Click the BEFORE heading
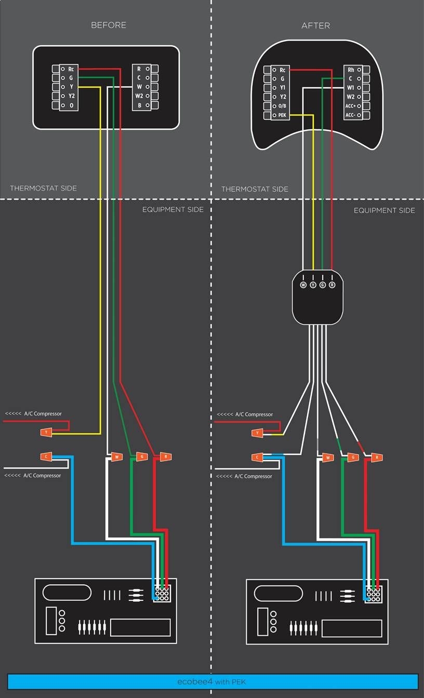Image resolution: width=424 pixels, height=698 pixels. [x=108, y=25]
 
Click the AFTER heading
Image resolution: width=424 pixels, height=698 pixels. [x=315, y=25]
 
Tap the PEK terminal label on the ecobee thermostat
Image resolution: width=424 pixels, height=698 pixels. [x=282, y=115]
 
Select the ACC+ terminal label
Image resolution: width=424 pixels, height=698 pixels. [x=350, y=106]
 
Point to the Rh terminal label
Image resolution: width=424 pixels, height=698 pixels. [x=351, y=70]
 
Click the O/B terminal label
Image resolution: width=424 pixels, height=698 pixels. [x=282, y=106]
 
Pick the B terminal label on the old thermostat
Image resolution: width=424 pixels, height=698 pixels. [x=139, y=105]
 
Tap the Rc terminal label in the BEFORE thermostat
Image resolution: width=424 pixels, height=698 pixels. [x=71, y=69]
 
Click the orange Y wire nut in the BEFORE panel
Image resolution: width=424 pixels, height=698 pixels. [x=46, y=432]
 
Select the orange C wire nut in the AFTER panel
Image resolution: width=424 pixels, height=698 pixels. [x=257, y=457]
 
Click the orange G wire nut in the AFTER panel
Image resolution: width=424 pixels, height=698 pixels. [x=352, y=458]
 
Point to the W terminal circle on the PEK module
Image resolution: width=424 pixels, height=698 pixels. [x=303, y=285]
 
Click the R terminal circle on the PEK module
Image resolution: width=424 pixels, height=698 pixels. [x=332, y=285]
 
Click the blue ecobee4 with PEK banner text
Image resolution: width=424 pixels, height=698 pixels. [x=212, y=681]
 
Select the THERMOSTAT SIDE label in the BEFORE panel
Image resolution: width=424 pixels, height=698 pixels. [x=43, y=188]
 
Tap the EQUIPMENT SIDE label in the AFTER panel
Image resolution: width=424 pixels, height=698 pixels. [x=384, y=210]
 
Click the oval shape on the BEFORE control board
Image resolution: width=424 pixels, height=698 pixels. [x=67, y=592]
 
